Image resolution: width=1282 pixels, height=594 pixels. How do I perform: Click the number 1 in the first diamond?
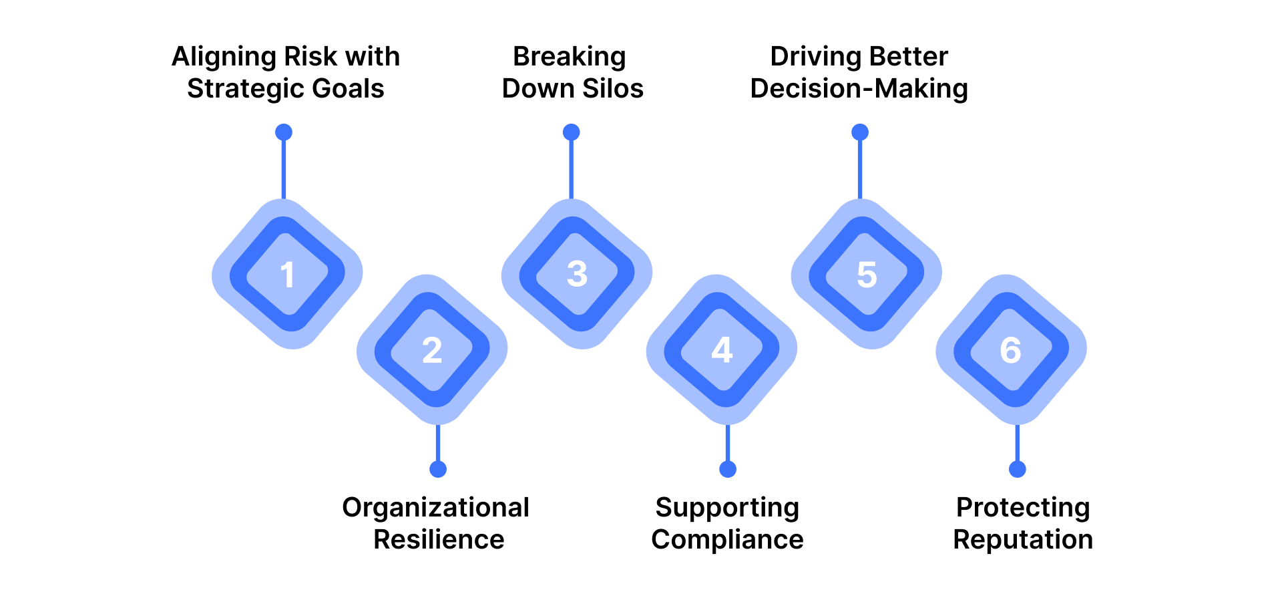point(287,275)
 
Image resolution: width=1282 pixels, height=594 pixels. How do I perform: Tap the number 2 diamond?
point(432,350)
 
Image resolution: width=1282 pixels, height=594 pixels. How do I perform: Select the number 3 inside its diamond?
point(577,275)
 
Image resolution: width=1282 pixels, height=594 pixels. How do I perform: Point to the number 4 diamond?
point(722,350)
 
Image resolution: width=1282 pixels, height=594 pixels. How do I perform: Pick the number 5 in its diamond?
point(867,275)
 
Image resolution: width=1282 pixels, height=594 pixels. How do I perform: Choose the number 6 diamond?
point(1011,350)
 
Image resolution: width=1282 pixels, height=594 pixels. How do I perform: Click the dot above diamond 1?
point(284,132)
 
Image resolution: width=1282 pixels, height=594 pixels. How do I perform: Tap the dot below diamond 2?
point(438,469)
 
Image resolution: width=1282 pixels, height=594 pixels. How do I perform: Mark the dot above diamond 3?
point(571,132)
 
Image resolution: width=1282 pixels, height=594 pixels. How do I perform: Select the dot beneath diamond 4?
point(728,469)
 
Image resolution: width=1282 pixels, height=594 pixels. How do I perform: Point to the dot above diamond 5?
point(860,132)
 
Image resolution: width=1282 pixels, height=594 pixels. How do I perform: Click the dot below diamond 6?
point(1018,469)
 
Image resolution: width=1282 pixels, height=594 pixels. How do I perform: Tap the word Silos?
point(610,89)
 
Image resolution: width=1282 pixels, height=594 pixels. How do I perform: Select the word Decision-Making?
point(859,89)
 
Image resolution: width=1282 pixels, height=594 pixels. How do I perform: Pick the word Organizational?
point(435,508)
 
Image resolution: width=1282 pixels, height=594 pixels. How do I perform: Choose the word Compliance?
point(727,540)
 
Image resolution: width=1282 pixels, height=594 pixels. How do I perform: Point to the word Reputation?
point(1023,540)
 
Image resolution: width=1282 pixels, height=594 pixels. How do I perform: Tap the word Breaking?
point(570,57)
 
